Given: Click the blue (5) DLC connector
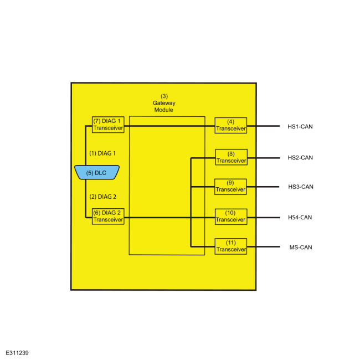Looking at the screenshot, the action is point(97,172).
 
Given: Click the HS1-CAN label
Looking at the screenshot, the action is point(300,126).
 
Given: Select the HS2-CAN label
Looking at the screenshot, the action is point(300,158).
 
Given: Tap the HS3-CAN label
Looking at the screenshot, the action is point(301,187).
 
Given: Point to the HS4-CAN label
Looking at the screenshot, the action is point(300,218).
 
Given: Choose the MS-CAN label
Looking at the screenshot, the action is point(301,248).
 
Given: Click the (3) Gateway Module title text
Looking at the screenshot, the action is point(164,103).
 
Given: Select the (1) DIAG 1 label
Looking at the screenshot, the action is point(102,153).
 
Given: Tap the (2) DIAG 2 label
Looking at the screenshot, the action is point(103,197).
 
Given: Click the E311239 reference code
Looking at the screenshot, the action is point(17,353).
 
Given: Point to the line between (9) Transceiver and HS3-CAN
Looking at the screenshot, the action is point(263,187).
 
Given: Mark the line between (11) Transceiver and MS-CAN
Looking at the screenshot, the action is point(264,247).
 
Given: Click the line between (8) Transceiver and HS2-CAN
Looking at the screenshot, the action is point(264,158).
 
